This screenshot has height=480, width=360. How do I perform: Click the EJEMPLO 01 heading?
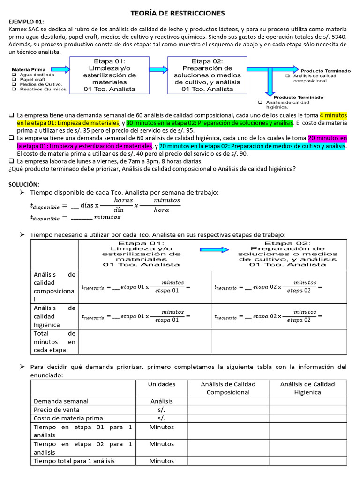click(x=26, y=22)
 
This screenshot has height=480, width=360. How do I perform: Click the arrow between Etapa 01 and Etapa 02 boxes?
click(x=158, y=67)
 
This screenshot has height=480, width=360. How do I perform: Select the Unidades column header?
click(x=161, y=384)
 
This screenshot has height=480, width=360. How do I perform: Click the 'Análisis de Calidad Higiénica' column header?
click(x=307, y=388)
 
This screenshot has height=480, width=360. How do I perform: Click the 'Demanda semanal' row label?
click(x=61, y=401)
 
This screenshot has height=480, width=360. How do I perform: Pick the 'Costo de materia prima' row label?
click(x=68, y=418)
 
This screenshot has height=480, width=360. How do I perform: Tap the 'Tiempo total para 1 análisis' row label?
click(x=74, y=461)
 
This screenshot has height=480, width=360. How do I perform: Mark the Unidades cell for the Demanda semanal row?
click(x=161, y=401)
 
